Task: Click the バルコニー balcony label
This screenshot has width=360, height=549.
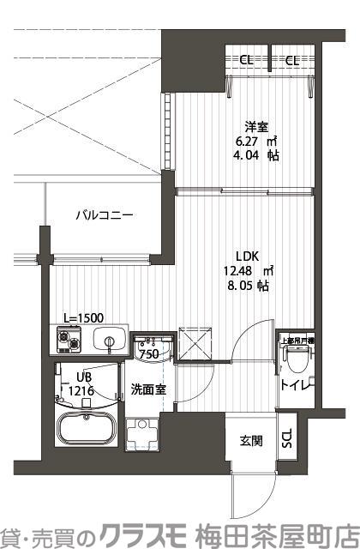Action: (103, 214)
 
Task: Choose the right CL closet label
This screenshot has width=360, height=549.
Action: (291, 60)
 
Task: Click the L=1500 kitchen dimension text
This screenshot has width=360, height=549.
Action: (83, 317)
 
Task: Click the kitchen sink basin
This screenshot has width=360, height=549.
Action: (109, 341)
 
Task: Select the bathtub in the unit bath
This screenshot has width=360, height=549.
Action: (87, 429)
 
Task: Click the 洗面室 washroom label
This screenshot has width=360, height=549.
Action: (147, 389)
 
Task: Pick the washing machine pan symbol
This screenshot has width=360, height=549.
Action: (141, 435)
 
